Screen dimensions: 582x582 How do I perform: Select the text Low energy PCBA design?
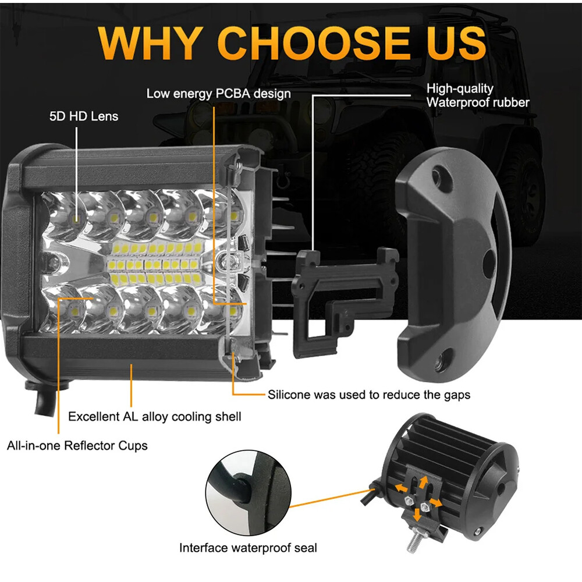(218, 93)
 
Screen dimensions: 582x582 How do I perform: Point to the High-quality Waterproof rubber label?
(477, 95)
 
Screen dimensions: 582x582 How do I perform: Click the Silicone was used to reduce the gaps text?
(369, 395)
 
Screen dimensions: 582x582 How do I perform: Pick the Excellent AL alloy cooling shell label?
(154, 417)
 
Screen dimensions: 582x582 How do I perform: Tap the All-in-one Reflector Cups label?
(77, 446)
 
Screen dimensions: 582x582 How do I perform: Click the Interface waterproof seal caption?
(248, 548)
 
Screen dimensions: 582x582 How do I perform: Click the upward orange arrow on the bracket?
(424, 481)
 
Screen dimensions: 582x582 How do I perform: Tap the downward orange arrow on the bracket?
(417, 514)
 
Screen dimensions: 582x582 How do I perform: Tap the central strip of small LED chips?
(155, 260)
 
